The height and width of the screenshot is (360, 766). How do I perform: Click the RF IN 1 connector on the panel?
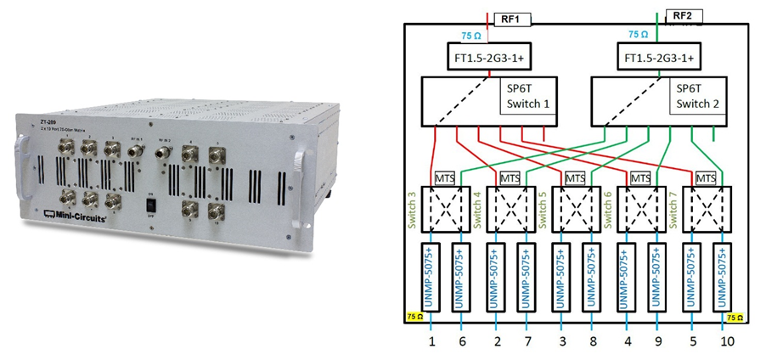tap(136, 151)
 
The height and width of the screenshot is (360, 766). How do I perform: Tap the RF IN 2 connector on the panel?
tap(165, 155)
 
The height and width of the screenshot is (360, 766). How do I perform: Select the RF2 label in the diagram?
tap(683, 17)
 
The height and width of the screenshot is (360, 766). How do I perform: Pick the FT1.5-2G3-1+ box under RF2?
tap(657, 57)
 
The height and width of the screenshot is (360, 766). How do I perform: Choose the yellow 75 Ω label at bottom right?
tap(735, 317)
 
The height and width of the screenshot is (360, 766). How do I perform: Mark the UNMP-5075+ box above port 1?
tap(431, 278)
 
